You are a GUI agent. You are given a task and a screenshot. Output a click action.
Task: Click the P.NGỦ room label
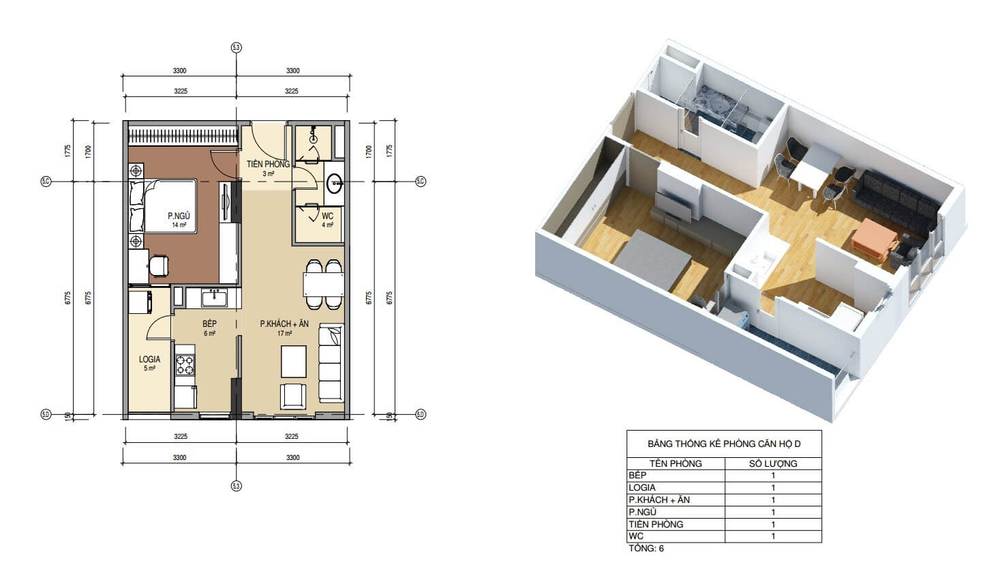pyautogui.click(x=179, y=216)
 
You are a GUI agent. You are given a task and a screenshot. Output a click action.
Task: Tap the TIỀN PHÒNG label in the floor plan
pyautogui.click(x=268, y=164)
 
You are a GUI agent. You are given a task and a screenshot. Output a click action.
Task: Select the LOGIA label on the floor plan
pyautogui.click(x=150, y=359)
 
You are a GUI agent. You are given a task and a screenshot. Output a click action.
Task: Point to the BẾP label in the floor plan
pyautogui.click(x=209, y=323)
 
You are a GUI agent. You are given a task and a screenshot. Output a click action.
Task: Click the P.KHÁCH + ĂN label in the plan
pyautogui.click(x=284, y=324)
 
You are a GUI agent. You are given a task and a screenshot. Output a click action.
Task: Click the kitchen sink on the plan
pyautogui.click(x=214, y=298)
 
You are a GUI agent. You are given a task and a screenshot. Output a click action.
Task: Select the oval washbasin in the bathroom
pyautogui.click(x=335, y=183)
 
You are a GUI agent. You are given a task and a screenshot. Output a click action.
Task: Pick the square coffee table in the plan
pyautogui.click(x=294, y=362)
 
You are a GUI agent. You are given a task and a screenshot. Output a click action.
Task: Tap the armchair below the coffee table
pyautogui.click(x=293, y=397)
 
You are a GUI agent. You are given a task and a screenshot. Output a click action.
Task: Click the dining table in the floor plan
pyautogui.click(x=323, y=285)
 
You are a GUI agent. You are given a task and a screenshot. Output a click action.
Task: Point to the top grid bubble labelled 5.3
pyautogui.click(x=237, y=48)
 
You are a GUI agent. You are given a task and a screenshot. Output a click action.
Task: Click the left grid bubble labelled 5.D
pyautogui.click(x=46, y=414)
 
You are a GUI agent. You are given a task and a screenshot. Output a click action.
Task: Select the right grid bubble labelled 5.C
pyautogui.click(x=421, y=182)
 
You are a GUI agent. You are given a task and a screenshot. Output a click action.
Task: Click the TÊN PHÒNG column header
pyautogui.click(x=676, y=464)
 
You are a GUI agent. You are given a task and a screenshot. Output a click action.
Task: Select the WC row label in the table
pyautogui.click(x=636, y=536)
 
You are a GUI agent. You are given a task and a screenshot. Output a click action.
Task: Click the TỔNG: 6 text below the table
pyautogui.click(x=646, y=549)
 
